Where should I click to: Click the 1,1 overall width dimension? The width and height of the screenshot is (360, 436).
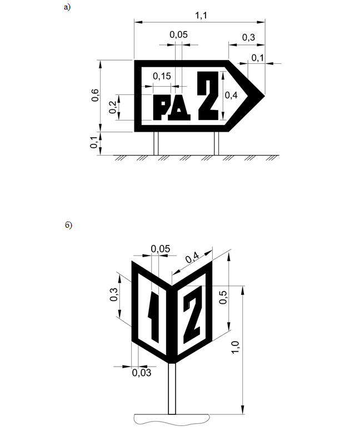coord(201,16)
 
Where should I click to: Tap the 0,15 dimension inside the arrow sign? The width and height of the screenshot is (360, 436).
coord(162,76)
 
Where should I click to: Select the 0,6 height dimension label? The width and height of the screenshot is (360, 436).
coord(95,96)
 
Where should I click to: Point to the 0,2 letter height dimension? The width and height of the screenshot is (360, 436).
coord(113,107)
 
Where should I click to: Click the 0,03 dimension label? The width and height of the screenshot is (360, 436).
coord(142,373)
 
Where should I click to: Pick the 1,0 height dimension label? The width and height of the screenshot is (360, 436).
coord(236,347)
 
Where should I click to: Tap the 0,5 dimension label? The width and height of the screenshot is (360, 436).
coord(223,297)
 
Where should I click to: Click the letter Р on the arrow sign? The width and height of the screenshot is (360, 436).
coord(160,107)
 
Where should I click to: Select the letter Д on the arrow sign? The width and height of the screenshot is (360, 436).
coord(179,107)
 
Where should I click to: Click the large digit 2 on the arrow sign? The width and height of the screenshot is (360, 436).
coord(208,96)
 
